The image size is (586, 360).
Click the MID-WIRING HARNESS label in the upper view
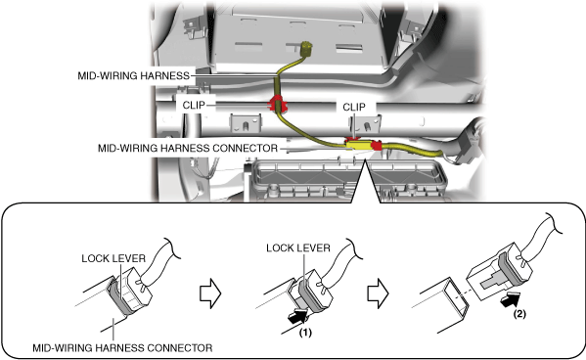(133, 76)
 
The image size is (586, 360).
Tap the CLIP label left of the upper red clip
(194, 105)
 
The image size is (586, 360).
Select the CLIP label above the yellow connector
(354, 108)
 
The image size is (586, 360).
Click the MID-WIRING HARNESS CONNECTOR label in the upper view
(188, 149)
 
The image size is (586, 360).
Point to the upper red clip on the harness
(277, 104)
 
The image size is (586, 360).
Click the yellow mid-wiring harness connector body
(358, 146)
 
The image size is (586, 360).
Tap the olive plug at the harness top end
(306, 48)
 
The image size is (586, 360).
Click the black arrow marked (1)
(297, 317)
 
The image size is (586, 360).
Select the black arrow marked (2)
(510, 298)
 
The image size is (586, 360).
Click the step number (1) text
(305, 333)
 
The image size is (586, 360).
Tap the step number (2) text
(519, 314)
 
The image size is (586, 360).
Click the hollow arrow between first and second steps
(210, 293)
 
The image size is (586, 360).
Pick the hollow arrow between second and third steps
(378, 293)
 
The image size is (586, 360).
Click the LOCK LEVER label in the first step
(113, 258)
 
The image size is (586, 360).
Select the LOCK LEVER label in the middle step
(298, 248)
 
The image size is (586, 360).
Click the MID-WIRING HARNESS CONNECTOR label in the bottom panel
(122, 348)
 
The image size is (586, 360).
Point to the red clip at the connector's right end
(377, 146)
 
